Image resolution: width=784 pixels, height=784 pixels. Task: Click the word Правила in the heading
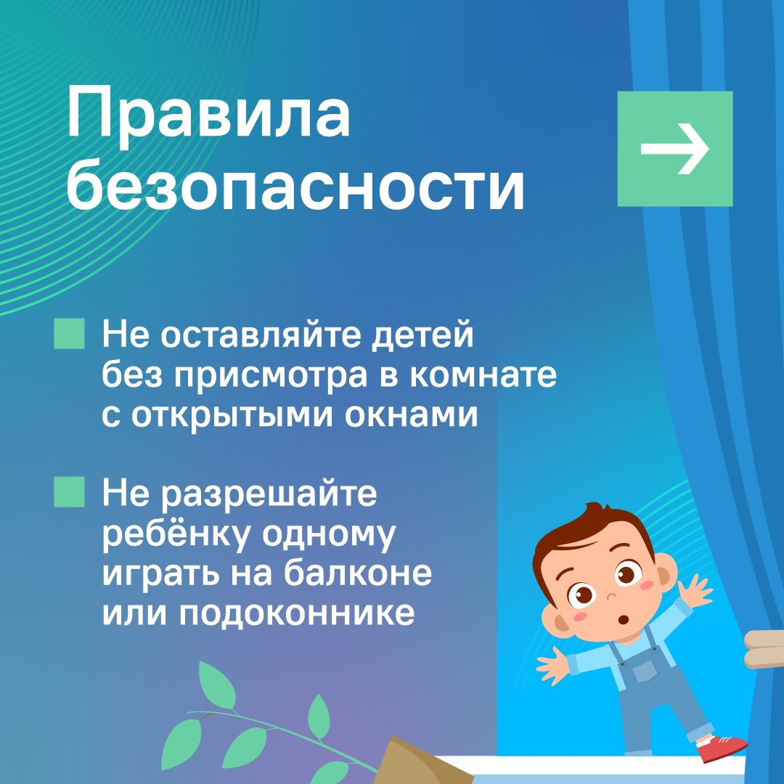pyautogui.click(x=208, y=113)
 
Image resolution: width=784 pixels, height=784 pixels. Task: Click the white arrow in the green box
pyautogui.click(x=675, y=149)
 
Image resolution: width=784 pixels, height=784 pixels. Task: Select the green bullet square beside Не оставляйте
pyautogui.click(x=69, y=333)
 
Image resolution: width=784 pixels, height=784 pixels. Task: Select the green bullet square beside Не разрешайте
pyautogui.click(x=69, y=492)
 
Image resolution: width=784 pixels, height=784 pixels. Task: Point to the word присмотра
pyautogui.click(x=271, y=377)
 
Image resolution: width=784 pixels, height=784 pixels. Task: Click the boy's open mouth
pyautogui.click(x=624, y=620)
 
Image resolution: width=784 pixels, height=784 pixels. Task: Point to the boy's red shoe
pyautogui.click(x=721, y=748)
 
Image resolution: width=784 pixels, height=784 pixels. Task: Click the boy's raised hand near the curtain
pyautogui.click(x=696, y=590)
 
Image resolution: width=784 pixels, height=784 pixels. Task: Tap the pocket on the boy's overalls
pyautogui.click(x=645, y=671)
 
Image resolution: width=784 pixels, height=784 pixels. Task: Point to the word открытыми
pyautogui.click(x=232, y=416)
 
